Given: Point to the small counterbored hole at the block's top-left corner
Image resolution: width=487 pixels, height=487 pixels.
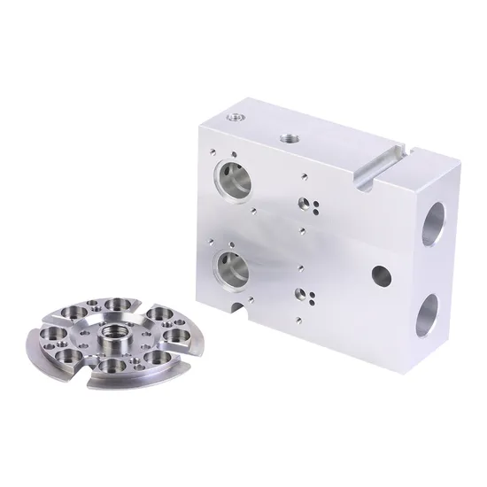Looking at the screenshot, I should coord(233,114).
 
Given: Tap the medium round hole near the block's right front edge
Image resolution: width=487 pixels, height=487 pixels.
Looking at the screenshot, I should coord(380,272).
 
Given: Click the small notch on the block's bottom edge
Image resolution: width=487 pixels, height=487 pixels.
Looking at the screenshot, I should coord(238,308).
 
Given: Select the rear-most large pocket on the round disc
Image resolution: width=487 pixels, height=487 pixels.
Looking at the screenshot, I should coord(117,305).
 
